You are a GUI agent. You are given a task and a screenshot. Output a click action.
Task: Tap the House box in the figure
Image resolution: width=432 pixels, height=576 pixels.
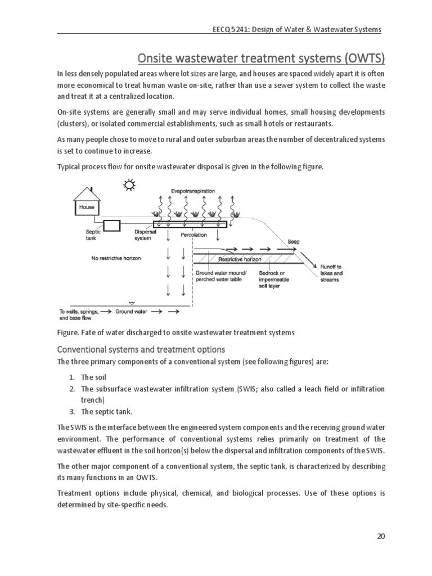tap(87, 207)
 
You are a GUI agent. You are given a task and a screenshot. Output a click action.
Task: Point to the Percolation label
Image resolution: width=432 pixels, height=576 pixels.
tap(193, 234)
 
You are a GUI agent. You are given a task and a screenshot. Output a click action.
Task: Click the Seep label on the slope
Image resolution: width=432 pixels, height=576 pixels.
tap(294, 241)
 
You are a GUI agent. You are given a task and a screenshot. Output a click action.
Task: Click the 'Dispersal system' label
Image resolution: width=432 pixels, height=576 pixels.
tap(143, 235)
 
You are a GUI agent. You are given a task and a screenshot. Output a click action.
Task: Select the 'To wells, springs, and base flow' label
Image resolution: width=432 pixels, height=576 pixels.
tap(78, 314)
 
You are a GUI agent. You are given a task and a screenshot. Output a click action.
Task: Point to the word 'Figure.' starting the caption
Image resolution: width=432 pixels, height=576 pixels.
tap(69, 332)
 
